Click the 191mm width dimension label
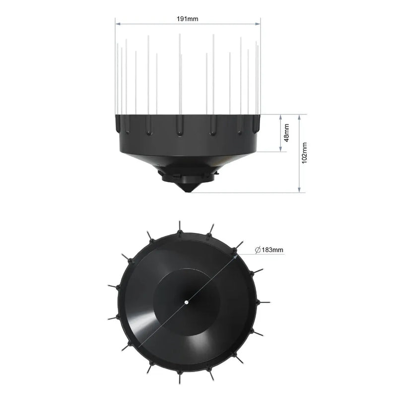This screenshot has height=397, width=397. point(188,18)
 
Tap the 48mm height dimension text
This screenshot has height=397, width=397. point(286,133)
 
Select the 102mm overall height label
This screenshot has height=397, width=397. point(305,152)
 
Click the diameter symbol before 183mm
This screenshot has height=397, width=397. point(258,250)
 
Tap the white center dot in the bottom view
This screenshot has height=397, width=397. point(186,301)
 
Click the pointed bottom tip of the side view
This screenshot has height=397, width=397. point(188,192)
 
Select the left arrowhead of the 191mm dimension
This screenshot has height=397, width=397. point(118,22)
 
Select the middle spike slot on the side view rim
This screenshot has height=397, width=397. point(180,126)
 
